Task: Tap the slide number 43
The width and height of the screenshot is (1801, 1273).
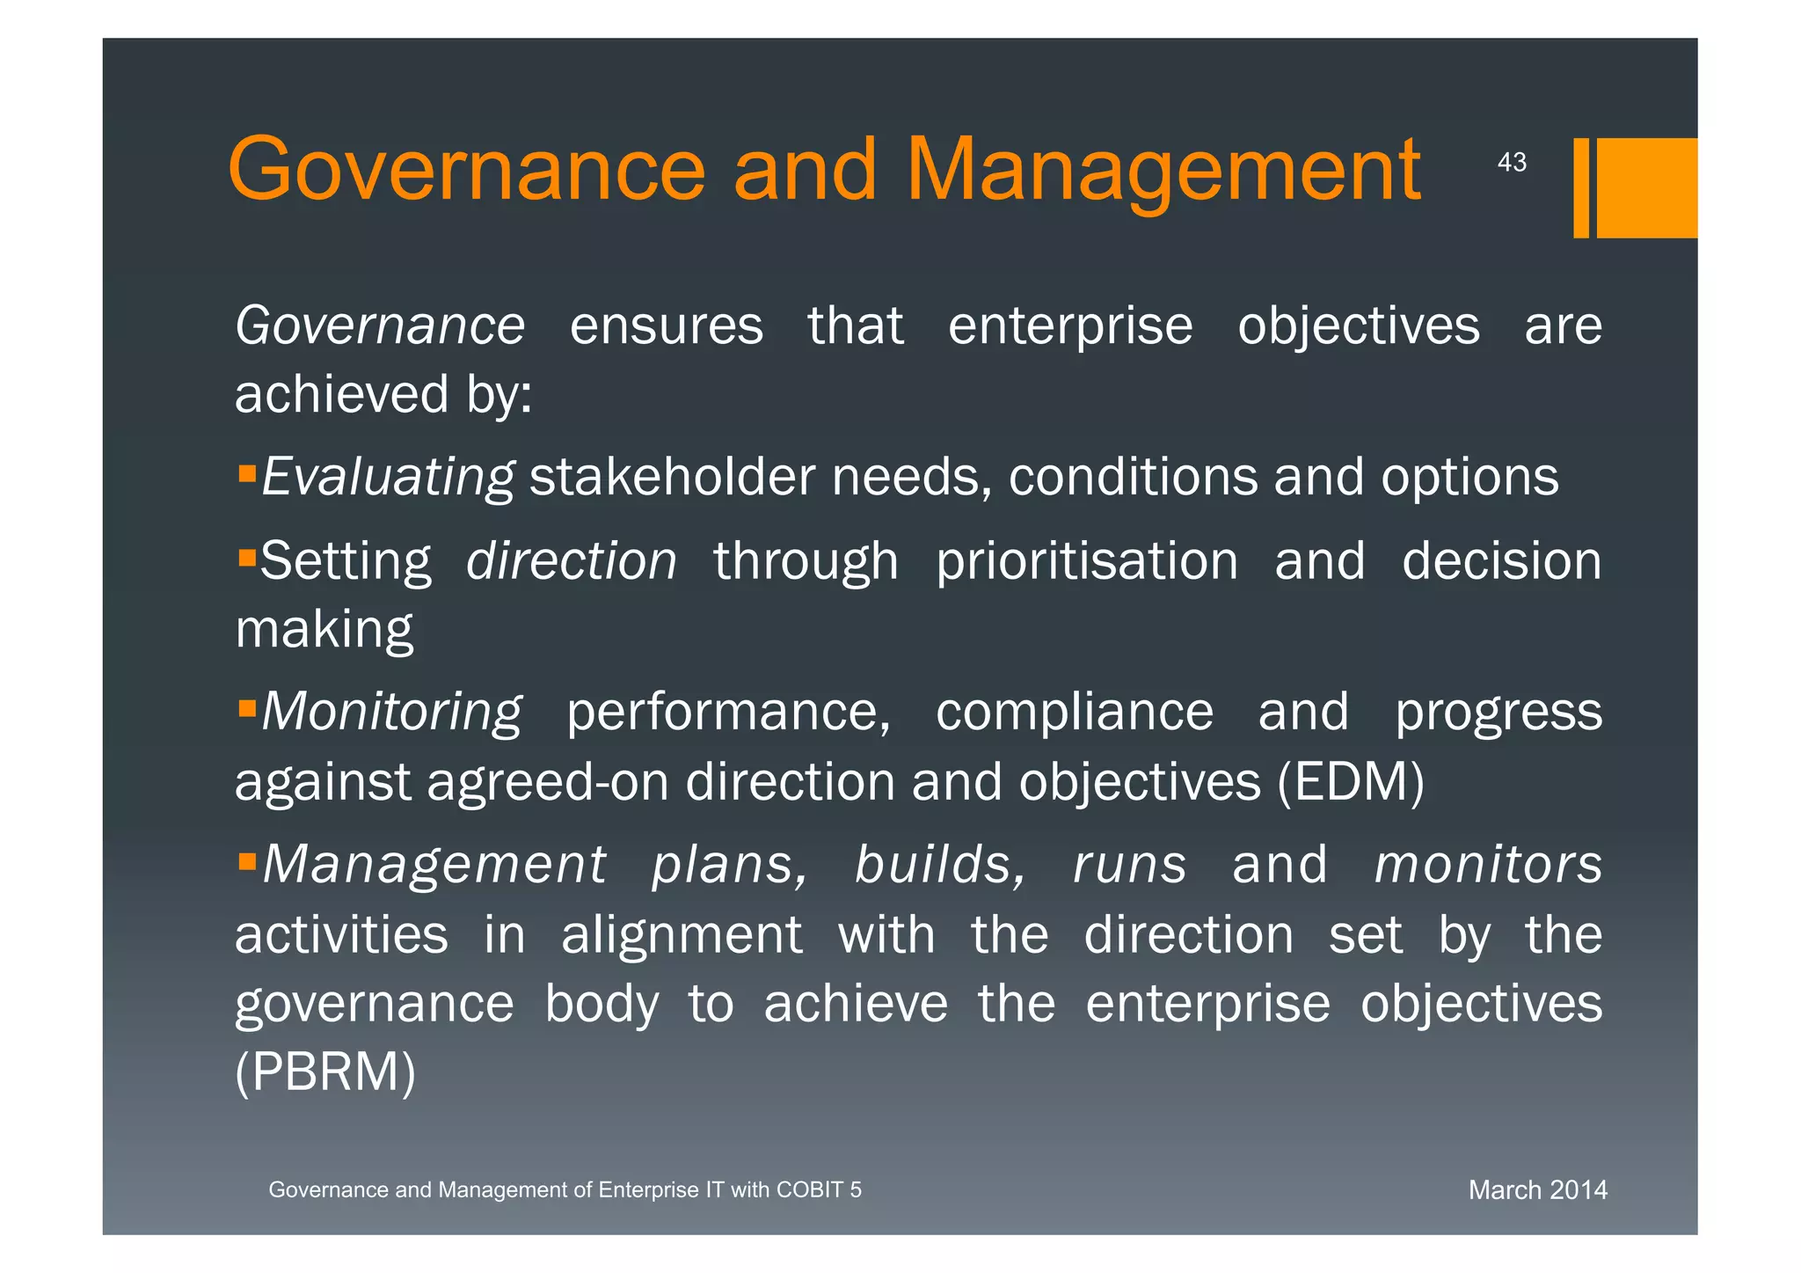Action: click(x=1512, y=163)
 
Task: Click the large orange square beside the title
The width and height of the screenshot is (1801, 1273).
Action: click(x=1646, y=187)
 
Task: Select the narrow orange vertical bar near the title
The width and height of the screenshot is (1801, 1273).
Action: click(x=1580, y=187)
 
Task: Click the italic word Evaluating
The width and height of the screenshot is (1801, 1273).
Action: click(x=388, y=478)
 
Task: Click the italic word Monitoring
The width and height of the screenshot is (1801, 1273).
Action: click(x=391, y=712)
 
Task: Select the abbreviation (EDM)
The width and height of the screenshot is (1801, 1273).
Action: click(x=1350, y=781)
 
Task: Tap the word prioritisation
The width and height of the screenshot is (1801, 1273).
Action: click(x=1087, y=561)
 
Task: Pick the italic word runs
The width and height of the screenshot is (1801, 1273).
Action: click(x=1130, y=864)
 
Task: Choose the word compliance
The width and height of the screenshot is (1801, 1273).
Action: click(x=1074, y=712)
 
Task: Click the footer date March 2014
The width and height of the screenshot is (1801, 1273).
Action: click(x=1537, y=1190)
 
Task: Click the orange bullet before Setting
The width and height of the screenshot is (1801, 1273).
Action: click(x=247, y=558)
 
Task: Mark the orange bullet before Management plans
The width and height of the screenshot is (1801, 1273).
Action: click(x=247, y=859)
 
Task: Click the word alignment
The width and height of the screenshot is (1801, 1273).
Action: click(x=682, y=934)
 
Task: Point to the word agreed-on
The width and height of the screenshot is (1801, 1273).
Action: click(x=547, y=781)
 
